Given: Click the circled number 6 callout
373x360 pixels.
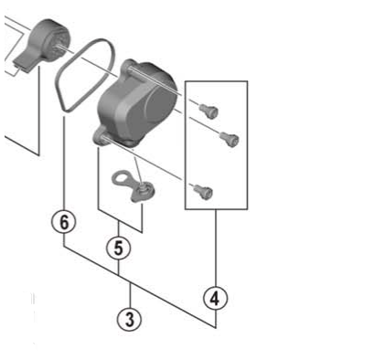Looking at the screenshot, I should pyautogui.click(x=63, y=222).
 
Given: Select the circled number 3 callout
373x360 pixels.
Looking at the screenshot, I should pyautogui.click(x=130, y=319).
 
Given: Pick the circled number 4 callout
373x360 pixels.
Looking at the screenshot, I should pyautogui.click(x=216, y=297).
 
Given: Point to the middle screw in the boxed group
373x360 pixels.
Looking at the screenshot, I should pyautogui.click(x=229, y=139).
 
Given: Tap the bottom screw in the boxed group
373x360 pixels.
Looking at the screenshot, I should pyautogui.click(x=203, y=190).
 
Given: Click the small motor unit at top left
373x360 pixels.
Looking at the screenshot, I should pyautogui.click(x=46, y=41).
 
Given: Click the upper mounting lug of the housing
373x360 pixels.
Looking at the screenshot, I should pyautogui.click(x=129, y=67).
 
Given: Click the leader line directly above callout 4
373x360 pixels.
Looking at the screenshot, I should pyautogui.click(x=216, y=247).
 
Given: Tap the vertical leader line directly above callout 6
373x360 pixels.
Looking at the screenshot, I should pyautogui.click(x=63, y=174).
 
